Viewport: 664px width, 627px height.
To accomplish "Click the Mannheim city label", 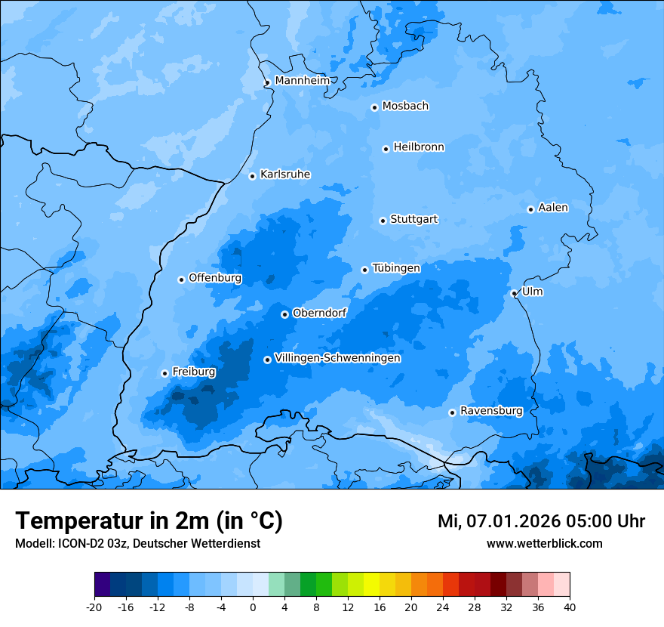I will coord(302,81).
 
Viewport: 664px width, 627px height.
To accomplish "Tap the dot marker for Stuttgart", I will coord(383,221).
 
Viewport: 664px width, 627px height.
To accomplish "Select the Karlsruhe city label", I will coord(285,175).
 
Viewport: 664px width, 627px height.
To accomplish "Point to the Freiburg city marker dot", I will coord(164,373).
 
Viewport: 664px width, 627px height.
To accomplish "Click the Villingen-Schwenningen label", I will coord(337,358).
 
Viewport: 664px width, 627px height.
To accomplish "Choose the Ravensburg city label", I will coord(491,411).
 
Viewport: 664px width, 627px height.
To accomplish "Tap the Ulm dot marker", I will coord(514,293).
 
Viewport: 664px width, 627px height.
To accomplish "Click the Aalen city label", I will coord(553,208).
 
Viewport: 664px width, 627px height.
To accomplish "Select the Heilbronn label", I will coord(419,147).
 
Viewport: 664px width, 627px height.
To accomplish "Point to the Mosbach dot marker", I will coord(374,107).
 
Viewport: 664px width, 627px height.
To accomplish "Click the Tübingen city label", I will coord(396,268).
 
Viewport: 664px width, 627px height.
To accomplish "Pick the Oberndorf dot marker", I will coord(284,314).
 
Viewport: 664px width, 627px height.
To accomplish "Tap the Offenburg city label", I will coord(215,278).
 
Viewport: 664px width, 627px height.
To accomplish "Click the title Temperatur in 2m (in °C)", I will coord(149,520).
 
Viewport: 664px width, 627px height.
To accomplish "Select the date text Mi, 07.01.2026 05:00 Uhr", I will coord(541,521).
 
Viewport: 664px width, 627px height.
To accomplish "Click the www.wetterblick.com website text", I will coord(544,544).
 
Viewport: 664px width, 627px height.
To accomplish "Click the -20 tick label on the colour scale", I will coord(94,607).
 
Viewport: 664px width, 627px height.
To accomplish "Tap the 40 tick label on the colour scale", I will coord(570,607).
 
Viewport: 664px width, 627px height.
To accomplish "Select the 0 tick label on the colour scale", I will coord(253,607).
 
